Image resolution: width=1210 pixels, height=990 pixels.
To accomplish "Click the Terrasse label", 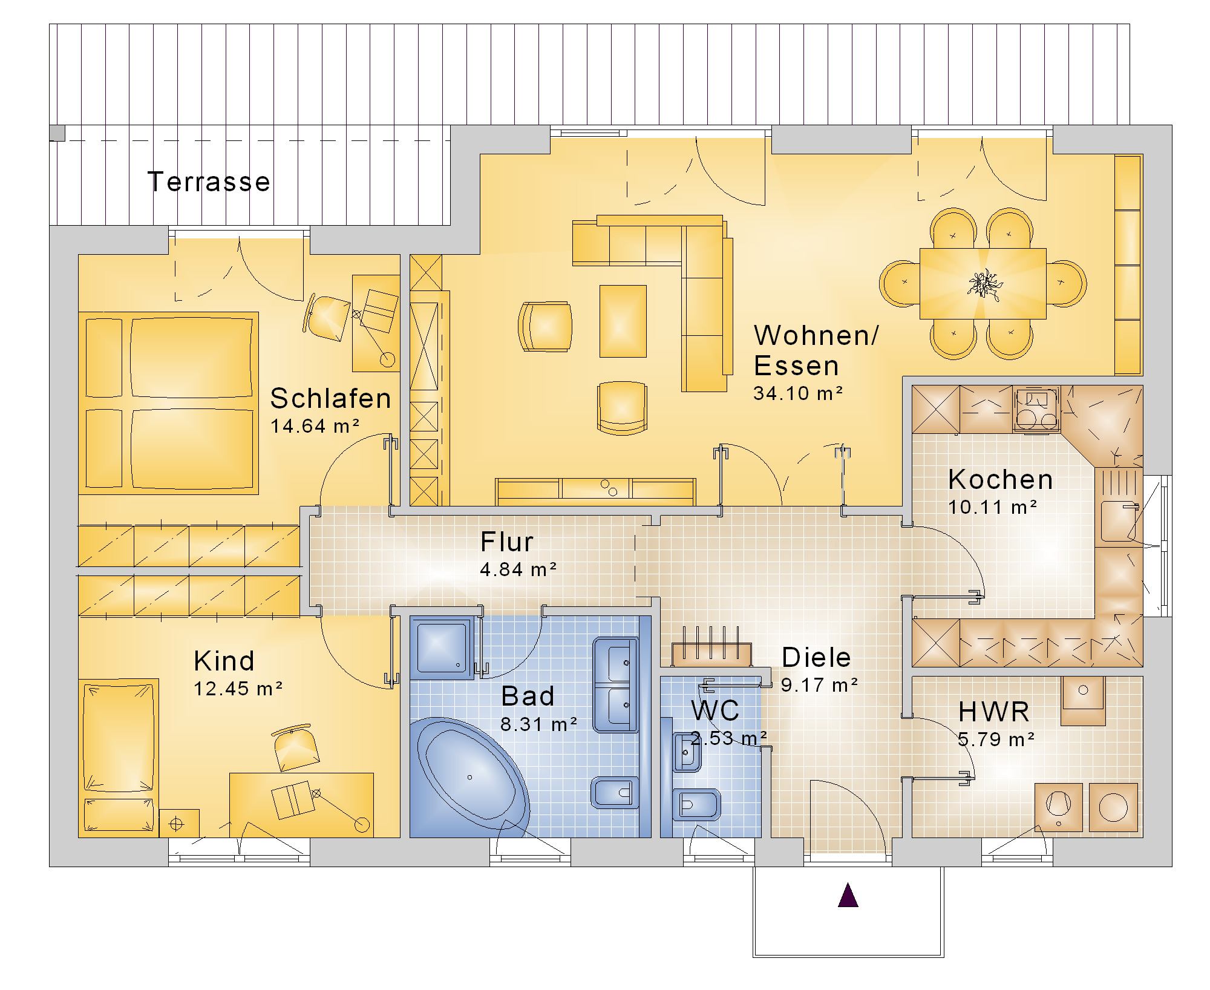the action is click(209, 182).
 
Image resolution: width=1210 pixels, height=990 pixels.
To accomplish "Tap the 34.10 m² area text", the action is click(798, 393).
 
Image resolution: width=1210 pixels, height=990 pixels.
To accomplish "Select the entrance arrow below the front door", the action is click(848, 895).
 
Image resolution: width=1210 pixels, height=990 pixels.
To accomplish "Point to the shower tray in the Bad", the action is click(442, 646).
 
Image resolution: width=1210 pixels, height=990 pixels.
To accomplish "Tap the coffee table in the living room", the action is click(623, 321).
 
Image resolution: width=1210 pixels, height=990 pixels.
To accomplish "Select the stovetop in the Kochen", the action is click(1036, 409).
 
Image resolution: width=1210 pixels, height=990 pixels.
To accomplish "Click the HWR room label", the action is click(994, 712).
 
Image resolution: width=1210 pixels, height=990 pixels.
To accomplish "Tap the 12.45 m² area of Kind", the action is click(238, 689).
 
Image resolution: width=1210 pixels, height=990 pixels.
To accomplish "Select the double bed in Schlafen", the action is click(169, 403).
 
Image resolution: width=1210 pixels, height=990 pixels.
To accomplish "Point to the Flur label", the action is click(507, 542).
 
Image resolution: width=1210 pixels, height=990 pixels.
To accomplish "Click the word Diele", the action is click(816, 657).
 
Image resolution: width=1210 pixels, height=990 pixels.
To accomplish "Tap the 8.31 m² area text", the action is click(538, 724).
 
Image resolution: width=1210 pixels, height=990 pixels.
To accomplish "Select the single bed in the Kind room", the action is click(119, 756).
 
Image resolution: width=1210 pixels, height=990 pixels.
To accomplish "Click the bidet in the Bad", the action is click(615, 792).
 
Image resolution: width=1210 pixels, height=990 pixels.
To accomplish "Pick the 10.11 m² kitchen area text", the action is click(992, 507).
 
